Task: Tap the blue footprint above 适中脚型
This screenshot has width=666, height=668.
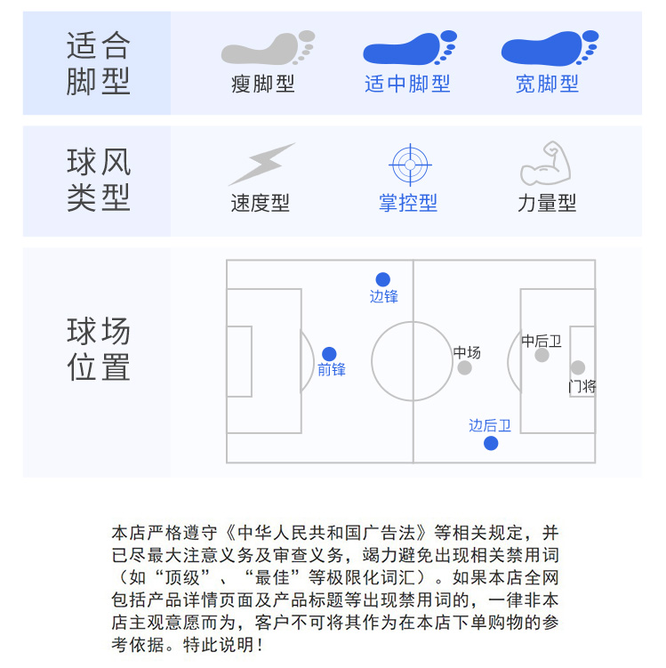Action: [408, 48]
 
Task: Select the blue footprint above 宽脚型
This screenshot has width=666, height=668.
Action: [548, 48]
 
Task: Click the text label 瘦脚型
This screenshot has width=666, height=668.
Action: [262, 85]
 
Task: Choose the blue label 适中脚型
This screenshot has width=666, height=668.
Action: [407, 85]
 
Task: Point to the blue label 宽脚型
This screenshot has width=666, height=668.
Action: [547, 85]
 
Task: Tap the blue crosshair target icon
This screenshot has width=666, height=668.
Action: [410, 165]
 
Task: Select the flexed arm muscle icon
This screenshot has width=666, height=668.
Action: [544, 164]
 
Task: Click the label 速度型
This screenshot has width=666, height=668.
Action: [261, 204]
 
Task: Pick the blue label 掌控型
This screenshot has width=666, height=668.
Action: [408, 204]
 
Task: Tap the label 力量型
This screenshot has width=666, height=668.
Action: [547, 204]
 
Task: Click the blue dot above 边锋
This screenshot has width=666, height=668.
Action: [382, 279]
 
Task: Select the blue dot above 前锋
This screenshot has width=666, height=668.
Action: [329, 354]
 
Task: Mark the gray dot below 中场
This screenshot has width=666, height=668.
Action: [464, 368]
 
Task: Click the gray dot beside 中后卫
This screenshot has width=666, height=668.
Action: [542, 355]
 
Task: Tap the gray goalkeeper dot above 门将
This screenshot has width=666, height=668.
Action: [578, 367]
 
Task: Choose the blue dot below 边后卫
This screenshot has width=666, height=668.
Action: [491, 443]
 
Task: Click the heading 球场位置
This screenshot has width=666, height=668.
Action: [98, 349]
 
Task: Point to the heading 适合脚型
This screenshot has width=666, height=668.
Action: [98, 63]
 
